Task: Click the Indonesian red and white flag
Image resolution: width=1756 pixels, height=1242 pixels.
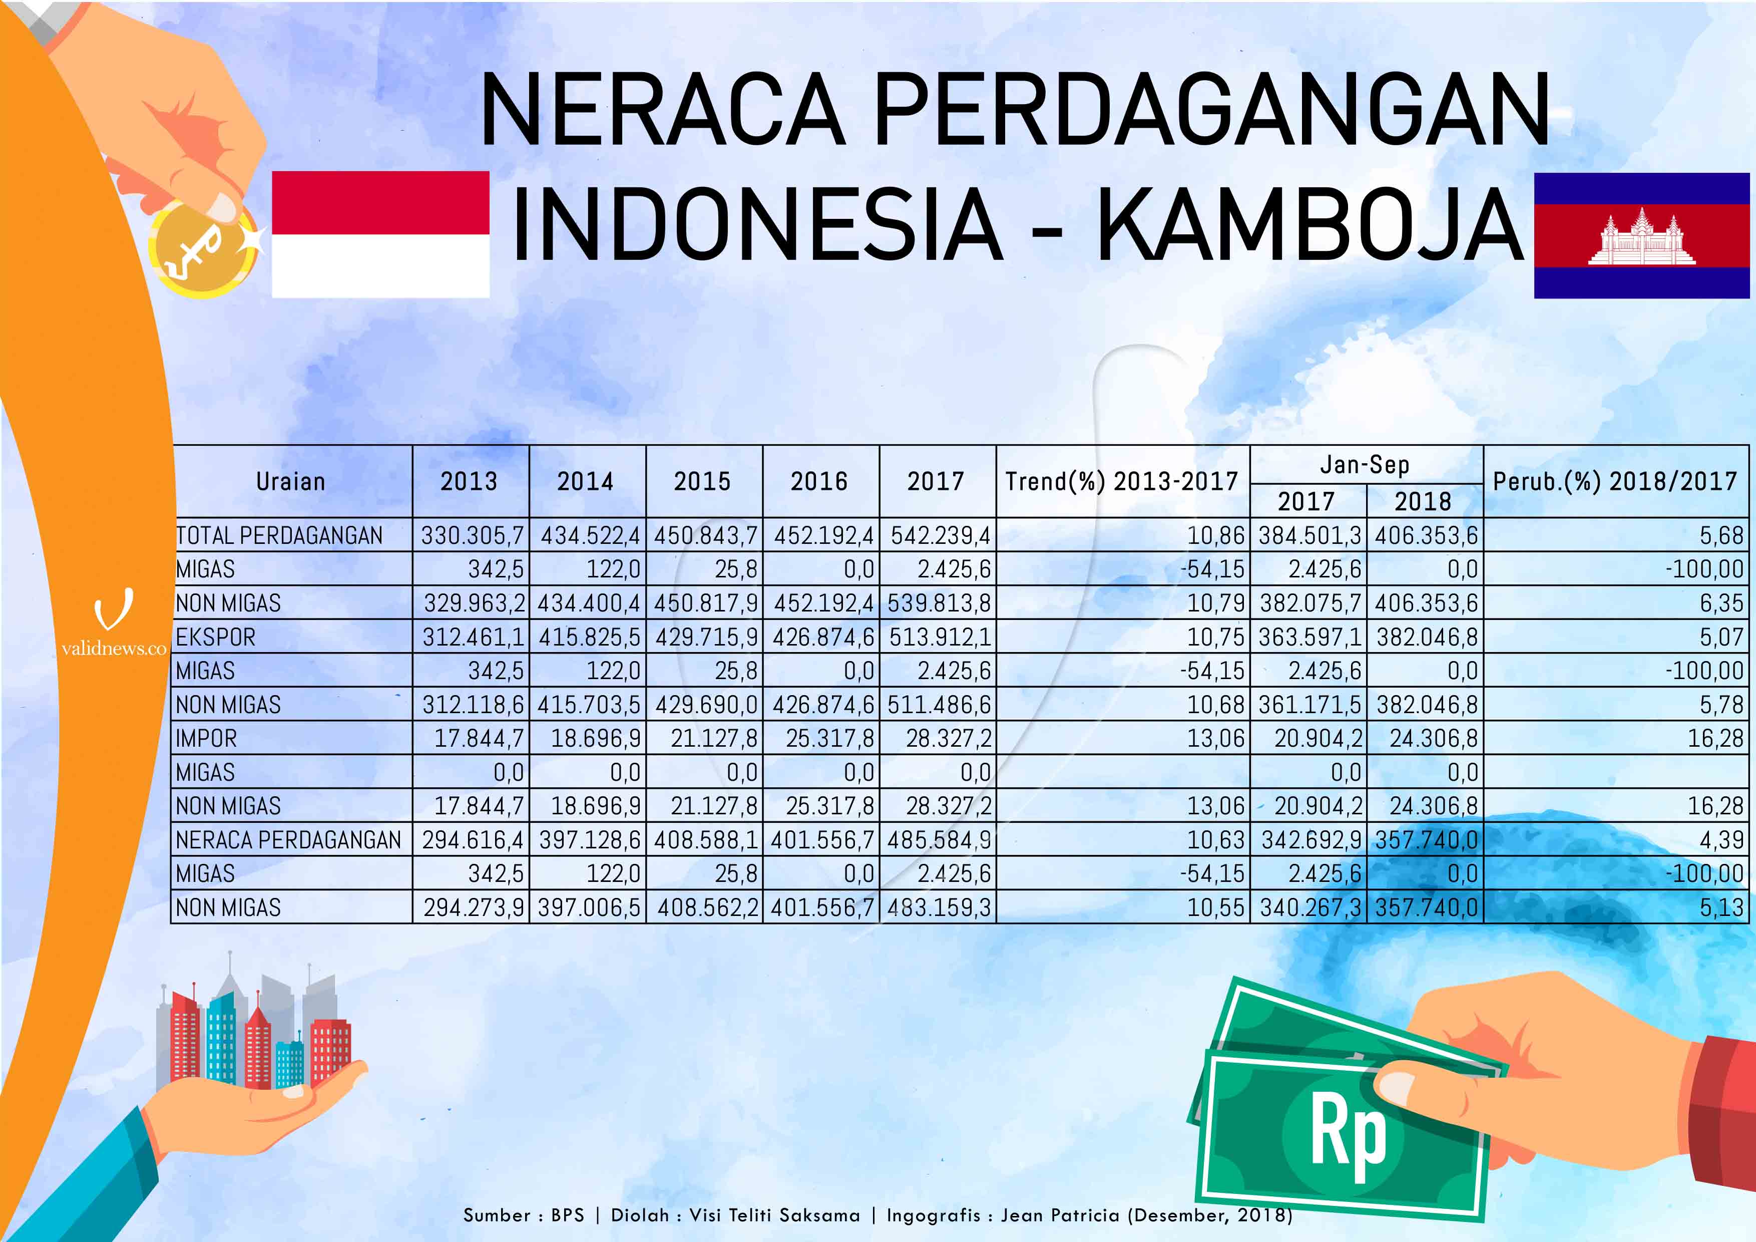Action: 380,234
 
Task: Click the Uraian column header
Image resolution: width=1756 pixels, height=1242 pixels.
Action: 291,481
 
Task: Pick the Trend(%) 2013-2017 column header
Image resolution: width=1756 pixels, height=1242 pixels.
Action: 1122,481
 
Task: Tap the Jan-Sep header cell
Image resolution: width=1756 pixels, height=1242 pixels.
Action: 1365,465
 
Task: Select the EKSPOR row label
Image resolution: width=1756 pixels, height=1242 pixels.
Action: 216,637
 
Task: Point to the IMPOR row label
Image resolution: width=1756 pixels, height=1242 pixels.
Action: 207,739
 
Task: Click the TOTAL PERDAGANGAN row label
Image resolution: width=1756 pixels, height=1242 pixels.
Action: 279,535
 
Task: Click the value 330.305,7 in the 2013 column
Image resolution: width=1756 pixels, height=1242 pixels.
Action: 472,535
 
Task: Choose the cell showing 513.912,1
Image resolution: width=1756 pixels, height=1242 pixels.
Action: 939,637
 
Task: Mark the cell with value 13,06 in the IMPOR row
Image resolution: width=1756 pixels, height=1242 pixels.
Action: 1216,739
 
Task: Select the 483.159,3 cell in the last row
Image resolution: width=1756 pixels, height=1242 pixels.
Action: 939,907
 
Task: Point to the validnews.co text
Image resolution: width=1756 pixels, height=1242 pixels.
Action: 114,649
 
